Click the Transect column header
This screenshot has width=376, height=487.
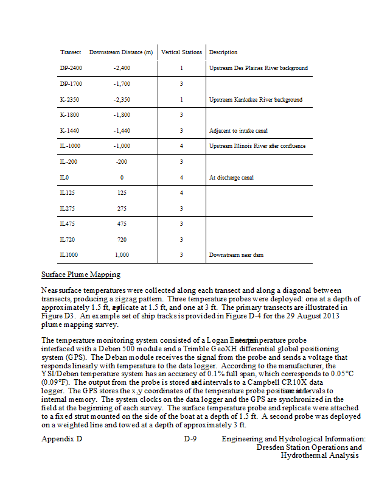pos(71,52)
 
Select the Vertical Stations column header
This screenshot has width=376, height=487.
pos(181,52)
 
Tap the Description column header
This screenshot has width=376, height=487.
pos(223,52)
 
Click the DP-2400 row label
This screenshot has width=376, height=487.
pos(72,68)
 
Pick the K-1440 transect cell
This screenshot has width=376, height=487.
pos(70,131)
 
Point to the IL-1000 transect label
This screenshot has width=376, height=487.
pos(71,146)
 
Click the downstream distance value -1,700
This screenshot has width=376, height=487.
pos(122,84)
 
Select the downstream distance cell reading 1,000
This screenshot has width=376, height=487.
pos(122,255)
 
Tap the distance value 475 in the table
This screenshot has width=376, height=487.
pos(122,224)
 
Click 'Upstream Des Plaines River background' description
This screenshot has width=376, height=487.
pos(258,68)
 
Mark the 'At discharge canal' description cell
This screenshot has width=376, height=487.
pos(231,178)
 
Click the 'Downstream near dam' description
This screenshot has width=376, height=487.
pos(236,255)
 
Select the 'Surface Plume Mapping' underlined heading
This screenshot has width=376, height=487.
pos(80,275)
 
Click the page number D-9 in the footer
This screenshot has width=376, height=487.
pos(190,438)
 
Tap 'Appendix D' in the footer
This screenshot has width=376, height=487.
pos(61,438)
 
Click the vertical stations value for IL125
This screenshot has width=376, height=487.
pos(181,193)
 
